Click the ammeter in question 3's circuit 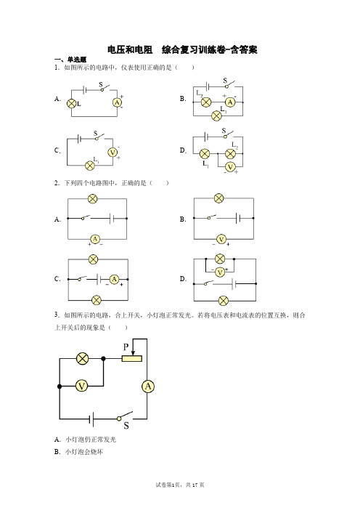[x=148, y=386]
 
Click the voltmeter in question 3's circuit [x=81, y=386]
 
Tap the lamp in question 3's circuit [x=82, y=358]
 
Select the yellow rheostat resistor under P [x=132, y=358]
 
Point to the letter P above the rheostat [x=126, y=347]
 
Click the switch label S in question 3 [x=126, y=426]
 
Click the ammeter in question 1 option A [x=117, y=102]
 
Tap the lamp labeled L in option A [x=71, y=104]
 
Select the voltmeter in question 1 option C [x=112, y=153]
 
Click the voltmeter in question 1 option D [x=230, y=167]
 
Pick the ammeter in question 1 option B [x=230, y=102]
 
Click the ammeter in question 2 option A [x=95, y=240]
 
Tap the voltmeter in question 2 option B [x=221, y=240]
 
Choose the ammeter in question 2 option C [x=115, y=279]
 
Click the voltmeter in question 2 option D [x=220, y=272]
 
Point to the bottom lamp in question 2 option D [x=224, y=301]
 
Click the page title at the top [x=182, y=49]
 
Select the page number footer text [x=180, y=485]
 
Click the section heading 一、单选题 [x=70, y=60]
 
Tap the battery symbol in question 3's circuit [x=91, y=419]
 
